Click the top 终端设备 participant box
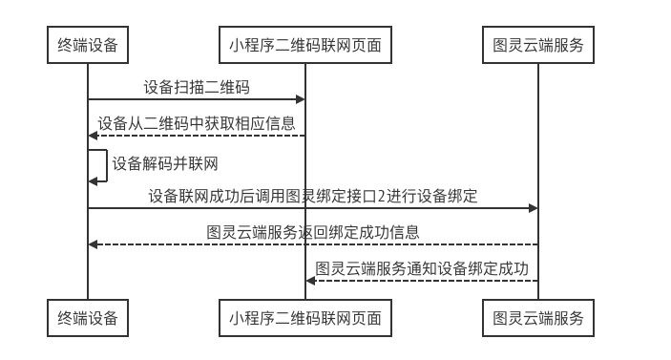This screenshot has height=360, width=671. [x=88, y=45]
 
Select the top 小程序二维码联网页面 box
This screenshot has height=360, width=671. [x=305, y=45]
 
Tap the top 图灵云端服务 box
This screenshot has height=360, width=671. [x=538, y=45]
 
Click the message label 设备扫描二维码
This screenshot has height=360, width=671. [x=197, y=88]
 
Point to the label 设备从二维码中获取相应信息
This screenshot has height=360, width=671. [x=197, y=123]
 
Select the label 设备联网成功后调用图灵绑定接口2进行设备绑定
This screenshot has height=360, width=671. [x=313, y=196]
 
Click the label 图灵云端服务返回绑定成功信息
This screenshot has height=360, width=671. [x=313, y=232]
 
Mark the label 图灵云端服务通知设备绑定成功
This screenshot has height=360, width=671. [x=422, y=268]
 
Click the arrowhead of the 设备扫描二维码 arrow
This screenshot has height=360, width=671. [x=301, y=99]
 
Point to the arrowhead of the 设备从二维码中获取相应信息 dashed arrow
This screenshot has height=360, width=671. [x=93, y=136]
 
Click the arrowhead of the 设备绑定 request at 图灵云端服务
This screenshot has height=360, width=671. [x=534, y=208]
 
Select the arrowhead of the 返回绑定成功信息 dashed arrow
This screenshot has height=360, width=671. [x=93, y=244]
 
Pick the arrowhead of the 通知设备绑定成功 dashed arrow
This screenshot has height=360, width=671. [x=310, y=280]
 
